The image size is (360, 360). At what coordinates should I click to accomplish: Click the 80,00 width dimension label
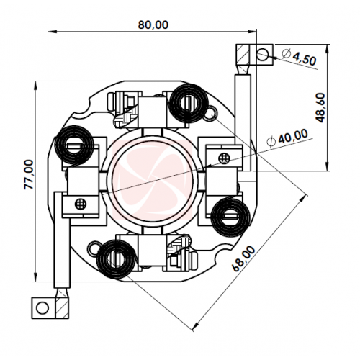[x=153, y=24]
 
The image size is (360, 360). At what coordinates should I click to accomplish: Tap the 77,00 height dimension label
[x=29, y=174]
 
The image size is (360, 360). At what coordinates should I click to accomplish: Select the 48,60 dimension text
[x=320, y=108]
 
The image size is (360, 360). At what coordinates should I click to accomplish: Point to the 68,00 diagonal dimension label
[x=244, y=258]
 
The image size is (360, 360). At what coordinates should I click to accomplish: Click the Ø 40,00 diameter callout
[x=287, y=138]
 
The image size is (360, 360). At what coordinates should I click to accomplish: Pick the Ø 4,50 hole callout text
[x=299, y=57]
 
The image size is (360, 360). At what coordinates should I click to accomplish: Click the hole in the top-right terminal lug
[x=262, y=54]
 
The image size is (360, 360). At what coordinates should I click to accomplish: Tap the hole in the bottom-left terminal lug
[x=42, y=308]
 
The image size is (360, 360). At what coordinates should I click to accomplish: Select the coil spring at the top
[x=188, y=102]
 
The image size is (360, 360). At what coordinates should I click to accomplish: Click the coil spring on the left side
[x=73, y=145]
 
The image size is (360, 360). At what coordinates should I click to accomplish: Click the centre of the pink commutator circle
[x=152, y=177]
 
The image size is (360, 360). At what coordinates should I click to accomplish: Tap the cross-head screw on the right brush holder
[x=225, y=158]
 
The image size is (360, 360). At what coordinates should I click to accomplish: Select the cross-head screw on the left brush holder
[x=81, y=204]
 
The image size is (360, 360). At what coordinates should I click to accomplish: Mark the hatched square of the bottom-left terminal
[x=62, y=308]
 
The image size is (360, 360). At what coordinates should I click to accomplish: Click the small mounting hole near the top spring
[x=211, y=113]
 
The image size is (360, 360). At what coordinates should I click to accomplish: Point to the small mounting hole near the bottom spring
[x=94, y=248]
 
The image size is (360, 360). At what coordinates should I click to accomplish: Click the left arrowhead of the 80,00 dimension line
[x=52, y=31]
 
